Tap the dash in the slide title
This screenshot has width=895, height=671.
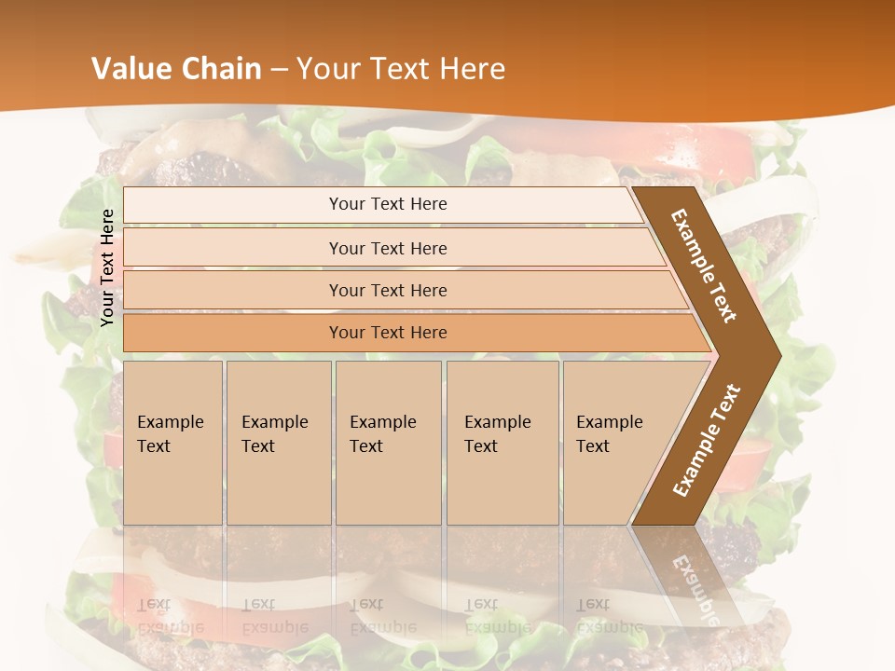tap(279, 70)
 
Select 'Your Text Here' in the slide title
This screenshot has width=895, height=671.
tap(401, 69)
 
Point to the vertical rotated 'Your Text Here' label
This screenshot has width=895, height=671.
tap(108, 267)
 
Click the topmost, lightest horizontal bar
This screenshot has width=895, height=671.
tap(387, 204)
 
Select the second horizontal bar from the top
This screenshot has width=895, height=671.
tap(387, 248)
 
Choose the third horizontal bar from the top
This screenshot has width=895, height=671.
tap(387, 290)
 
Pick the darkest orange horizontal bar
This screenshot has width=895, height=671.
tap(387, 333)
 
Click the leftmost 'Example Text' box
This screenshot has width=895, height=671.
tap(172, 443)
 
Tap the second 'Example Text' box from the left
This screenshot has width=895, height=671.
tap(278, 443)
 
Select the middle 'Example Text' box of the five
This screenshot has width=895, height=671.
tap(388, 443)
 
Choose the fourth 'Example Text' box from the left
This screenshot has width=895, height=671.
tap(503, 443)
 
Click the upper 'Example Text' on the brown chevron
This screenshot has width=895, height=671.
tap(704, 266)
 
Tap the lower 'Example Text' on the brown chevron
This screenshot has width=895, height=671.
tap(707, 440)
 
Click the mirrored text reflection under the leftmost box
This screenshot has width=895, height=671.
tap(171, 615)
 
